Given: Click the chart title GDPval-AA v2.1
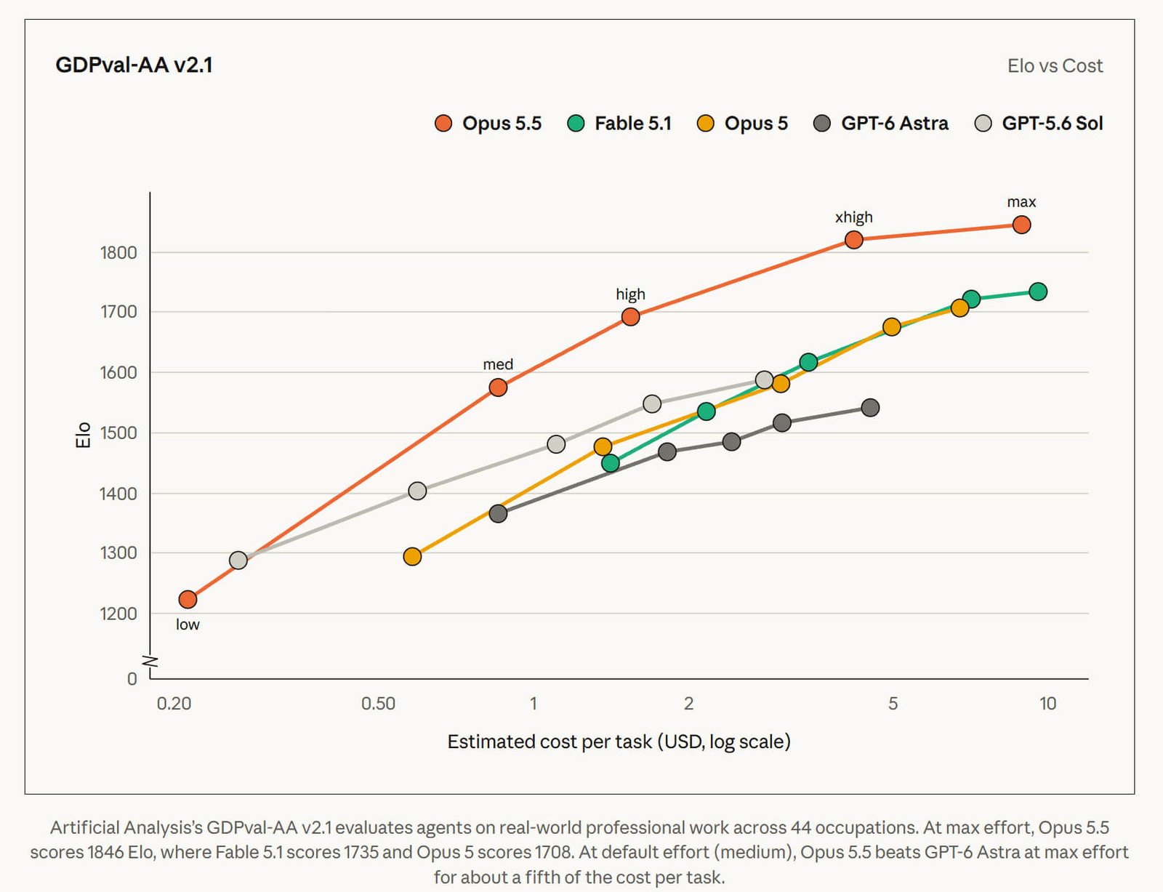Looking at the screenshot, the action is pyautogui.click(x=134, y=65).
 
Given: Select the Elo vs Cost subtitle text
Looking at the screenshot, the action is pyautogui.click(x=1055, y=66).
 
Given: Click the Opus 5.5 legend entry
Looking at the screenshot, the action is pyautogui.click(x=488, y=124).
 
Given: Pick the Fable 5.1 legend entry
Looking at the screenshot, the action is pyautogui.click(x=619, y=124).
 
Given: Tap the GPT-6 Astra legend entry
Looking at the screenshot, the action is pyautogui.click(x=880, y=124).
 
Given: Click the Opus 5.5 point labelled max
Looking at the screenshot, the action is pyautogui.click(x=1021, y=225).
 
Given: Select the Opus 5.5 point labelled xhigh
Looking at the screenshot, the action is pyautogui.click(x=853, y=240).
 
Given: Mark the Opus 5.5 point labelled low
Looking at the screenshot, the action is pyautogui.click(x=188, y=599).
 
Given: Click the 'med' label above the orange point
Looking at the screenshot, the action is pyautogui.click(x=498, y=364).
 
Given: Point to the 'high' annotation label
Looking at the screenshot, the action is pyautogui.click(x=630, y=294).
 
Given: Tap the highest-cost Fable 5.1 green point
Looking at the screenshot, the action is pyautogui.click(x=1038, y=292).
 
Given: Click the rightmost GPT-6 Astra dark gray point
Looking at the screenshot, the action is pyautogui.click(x=870, y=408).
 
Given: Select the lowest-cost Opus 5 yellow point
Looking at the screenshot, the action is pyautogui.click(x=412, y=556).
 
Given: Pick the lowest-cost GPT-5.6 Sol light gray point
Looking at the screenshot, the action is pyautogui.click(x=238, y=560).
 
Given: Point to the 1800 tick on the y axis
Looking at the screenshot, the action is pyautogui.click(x=118, y=252).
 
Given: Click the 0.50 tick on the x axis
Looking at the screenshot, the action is pyautogui.click(x=378, y=703).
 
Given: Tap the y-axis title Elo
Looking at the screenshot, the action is pyautogui.click(x=83, y=435).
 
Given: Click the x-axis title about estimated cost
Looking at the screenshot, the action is pyautogui.click(x=619, y=742).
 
